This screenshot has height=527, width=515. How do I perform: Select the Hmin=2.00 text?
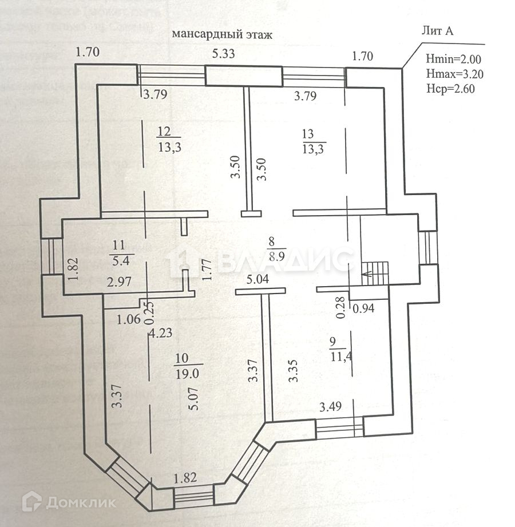(454, 59)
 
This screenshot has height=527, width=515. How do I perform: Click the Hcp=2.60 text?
(451, 89)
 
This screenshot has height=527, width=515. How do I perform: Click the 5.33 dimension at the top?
(223, 54)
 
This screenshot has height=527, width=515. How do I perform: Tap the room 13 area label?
(313, 149)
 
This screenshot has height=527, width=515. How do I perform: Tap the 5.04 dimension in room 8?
(258, 280)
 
